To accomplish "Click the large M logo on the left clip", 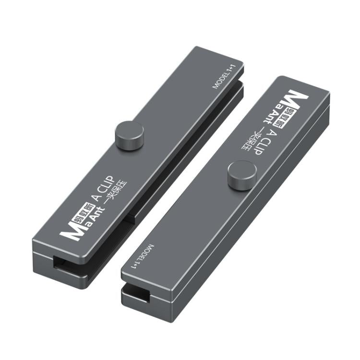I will click(68, 233).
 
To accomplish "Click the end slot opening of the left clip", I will click(65, 264).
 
